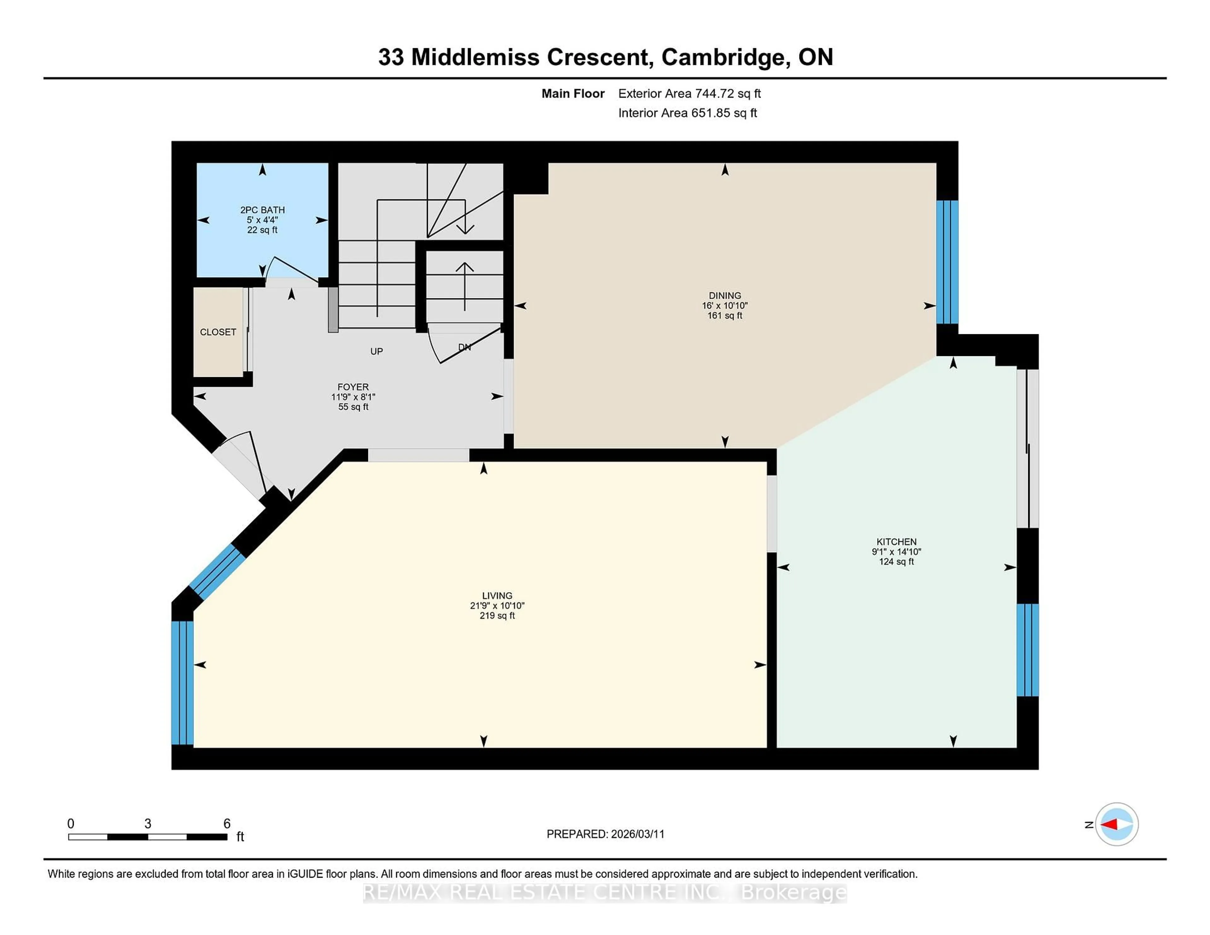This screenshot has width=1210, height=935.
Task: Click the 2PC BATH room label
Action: tap(262, 210)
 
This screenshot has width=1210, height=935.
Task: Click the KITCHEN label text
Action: tap(896, 542)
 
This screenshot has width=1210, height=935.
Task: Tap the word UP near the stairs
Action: tap(376, 351)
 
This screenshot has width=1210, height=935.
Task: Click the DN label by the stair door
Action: tap(464, 347)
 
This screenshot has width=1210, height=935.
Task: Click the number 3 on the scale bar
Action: tap(147, 824)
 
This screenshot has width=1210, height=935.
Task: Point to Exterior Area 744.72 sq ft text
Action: tap(689, 94)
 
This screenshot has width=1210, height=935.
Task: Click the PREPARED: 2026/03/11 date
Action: tap(605, 834)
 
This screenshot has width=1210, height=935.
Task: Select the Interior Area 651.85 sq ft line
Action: tap(687, 113)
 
